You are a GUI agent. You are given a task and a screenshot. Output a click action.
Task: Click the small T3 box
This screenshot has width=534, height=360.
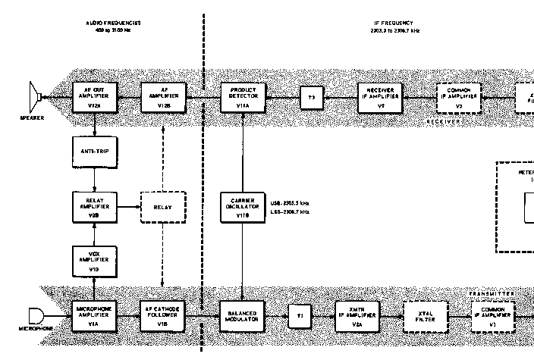pyautogui.click(x=310, y=98)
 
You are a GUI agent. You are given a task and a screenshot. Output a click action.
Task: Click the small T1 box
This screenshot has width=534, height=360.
pyautogui.click(x=299, y=315)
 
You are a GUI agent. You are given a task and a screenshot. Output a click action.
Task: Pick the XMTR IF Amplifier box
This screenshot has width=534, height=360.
pyautogui.click(x=357, y=315)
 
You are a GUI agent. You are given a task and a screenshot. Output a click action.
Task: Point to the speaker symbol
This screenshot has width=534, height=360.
pyautogui.click(x=35, y=98)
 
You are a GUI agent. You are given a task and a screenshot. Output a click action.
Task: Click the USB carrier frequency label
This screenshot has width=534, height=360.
pyautogui.click(x=289, y=204)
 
